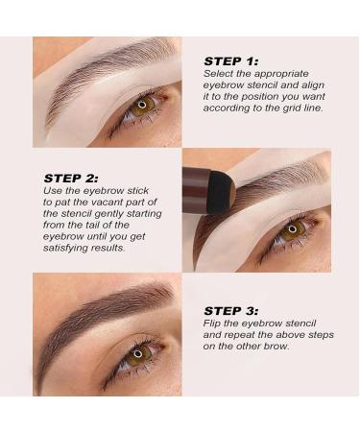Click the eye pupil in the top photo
coord(142,103)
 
